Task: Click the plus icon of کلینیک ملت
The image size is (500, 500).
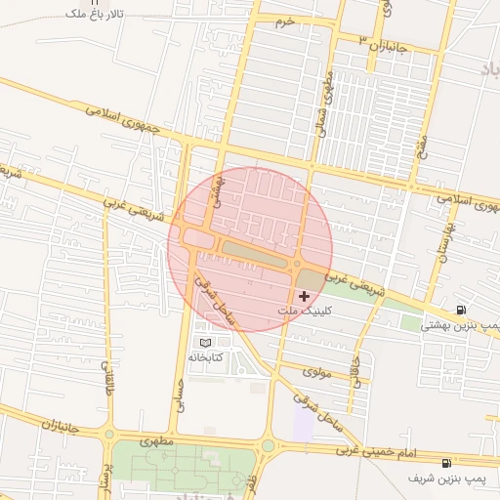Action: pyautogui.click(x=304, y=295)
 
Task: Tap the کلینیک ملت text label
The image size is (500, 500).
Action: pyautogui.click(x=306, y=311)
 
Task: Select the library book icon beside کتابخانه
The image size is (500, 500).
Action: pyautogui.click(x=204, y=343)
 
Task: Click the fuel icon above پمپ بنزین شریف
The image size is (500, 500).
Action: pyautogui.click(x=446, y=462)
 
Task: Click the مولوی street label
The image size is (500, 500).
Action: pyautogui.click(x=318, y=371)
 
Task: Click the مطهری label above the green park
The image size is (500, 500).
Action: pyautogui.click(x=156, y=441)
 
